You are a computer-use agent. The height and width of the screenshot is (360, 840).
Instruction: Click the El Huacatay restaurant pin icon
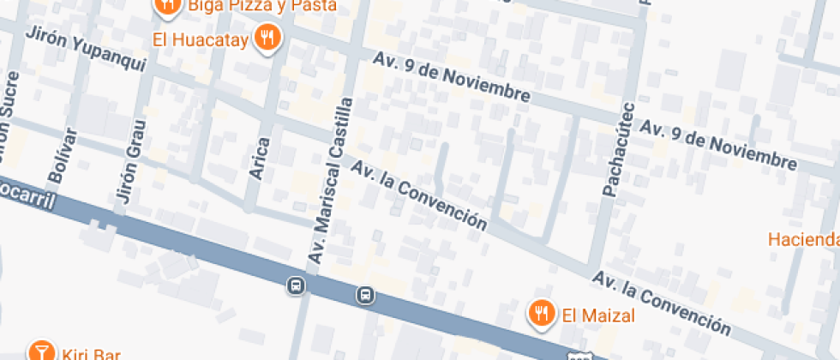[269, 38]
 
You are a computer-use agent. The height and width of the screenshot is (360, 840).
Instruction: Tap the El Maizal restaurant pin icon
[540, 314]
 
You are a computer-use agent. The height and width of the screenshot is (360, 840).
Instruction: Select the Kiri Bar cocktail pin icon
[39, 351]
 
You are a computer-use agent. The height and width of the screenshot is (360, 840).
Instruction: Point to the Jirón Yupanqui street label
[87, 50]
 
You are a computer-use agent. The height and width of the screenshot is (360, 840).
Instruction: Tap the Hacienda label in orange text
[803, 238]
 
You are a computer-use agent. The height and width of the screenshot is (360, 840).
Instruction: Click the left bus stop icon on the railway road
[296, 285]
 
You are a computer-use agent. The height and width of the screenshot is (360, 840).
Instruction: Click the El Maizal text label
[598, 315]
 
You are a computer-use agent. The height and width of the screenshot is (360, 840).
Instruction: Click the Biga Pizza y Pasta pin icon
[167, 5]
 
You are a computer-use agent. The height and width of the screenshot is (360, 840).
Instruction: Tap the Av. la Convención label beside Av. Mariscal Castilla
[419, 196]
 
